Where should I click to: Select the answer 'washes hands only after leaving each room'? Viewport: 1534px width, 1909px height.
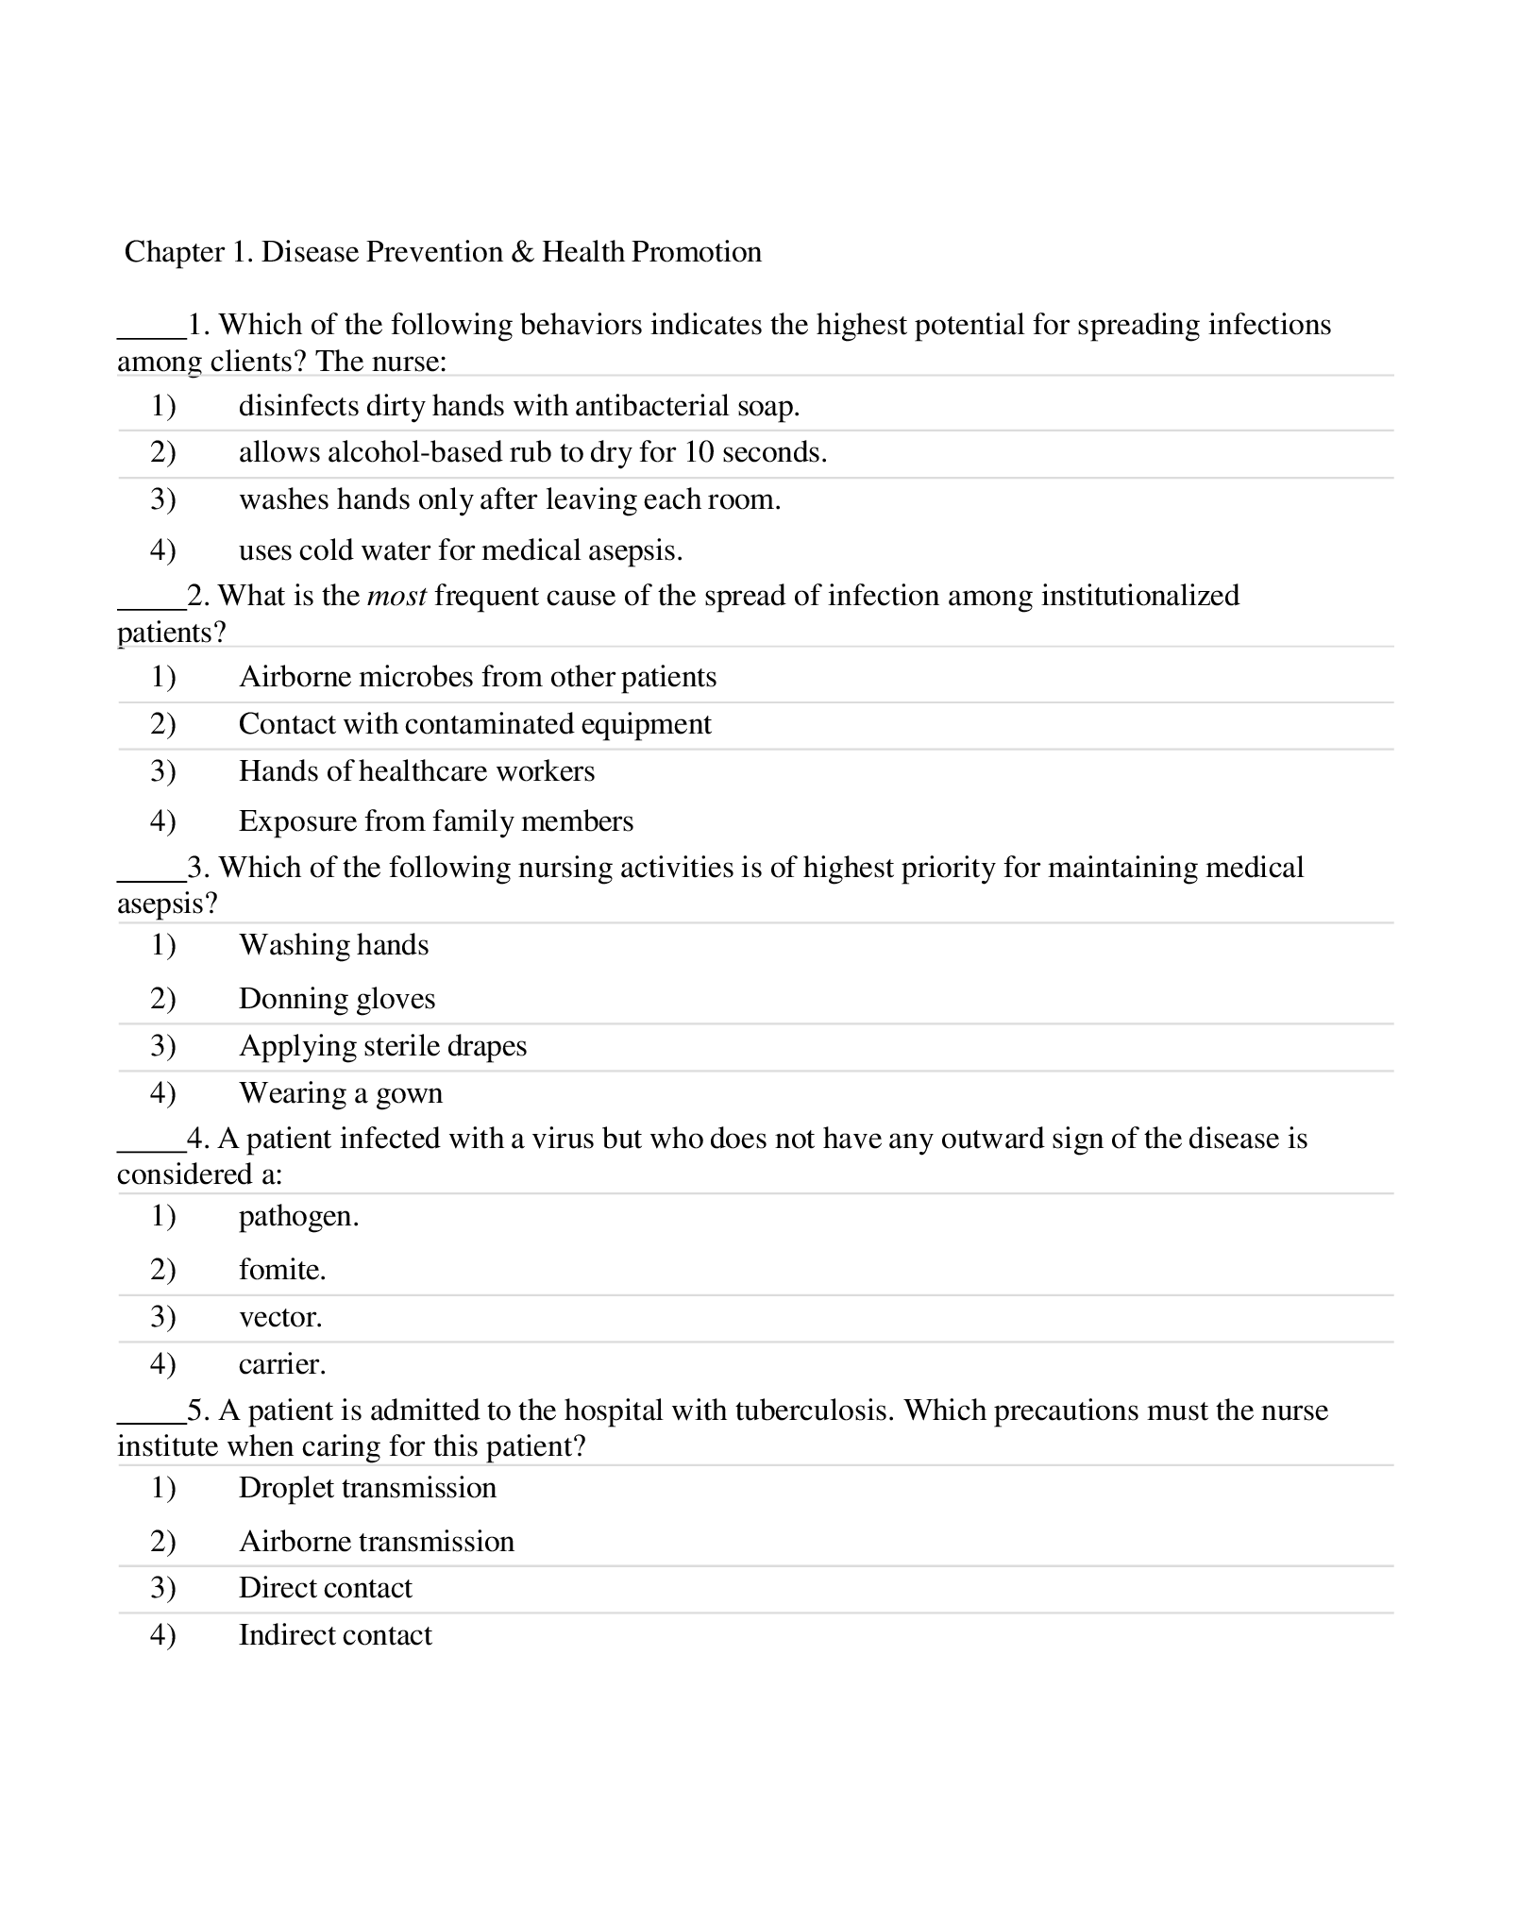pyautogui.click(x=509, y=499)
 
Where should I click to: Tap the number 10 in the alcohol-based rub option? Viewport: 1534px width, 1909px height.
pyautogui.click(x=699, y=452)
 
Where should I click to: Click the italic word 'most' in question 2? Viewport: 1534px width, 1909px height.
pyautogui.click(x=396, y=596)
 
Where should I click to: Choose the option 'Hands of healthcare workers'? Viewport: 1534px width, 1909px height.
pyautogui.click(x=416, y=771)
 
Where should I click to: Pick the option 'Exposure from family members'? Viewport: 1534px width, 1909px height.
pyautogui.click(x=435, y=821)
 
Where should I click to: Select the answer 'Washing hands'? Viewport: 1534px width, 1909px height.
pyautogui.click(x=333, y=945)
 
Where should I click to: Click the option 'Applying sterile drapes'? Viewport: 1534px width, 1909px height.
pyautogui.click(x=382, y=1046)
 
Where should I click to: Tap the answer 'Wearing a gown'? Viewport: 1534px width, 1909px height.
pyautogui.click(x=340, y=1093)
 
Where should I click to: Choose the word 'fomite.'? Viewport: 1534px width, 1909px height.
pyautogui.click(x=282, y=1270)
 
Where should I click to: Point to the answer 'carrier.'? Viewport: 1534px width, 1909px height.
pyautogui.click(x=282, y=1364)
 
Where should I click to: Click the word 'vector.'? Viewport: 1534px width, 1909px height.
pyautogui.click(x=280, y=1317)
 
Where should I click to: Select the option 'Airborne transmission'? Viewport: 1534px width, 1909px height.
pyautogui.click(x=376, y=1542)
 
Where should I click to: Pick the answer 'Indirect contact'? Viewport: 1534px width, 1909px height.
pyautogui.click(x=334, y=1635)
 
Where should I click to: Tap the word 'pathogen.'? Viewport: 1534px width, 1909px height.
pyautogui.click(x=298, y=1216)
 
